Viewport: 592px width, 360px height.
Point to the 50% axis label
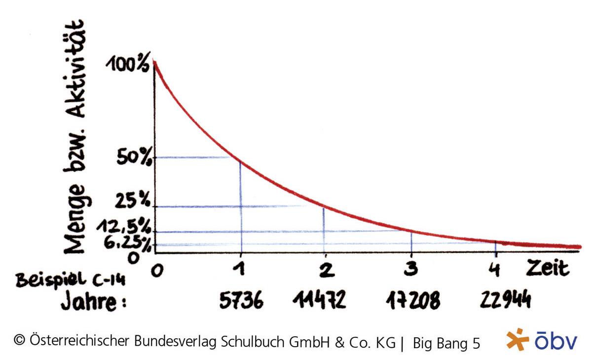point(134,158)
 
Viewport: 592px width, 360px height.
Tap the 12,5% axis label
point(123,226)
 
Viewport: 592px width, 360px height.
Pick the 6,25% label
point(126,243)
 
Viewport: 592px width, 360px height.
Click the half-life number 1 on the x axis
point(241,271)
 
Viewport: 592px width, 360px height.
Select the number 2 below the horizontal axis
point(325,271)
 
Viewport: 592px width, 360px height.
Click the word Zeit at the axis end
point(547,269)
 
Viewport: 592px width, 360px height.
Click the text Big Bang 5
point(446,343)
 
